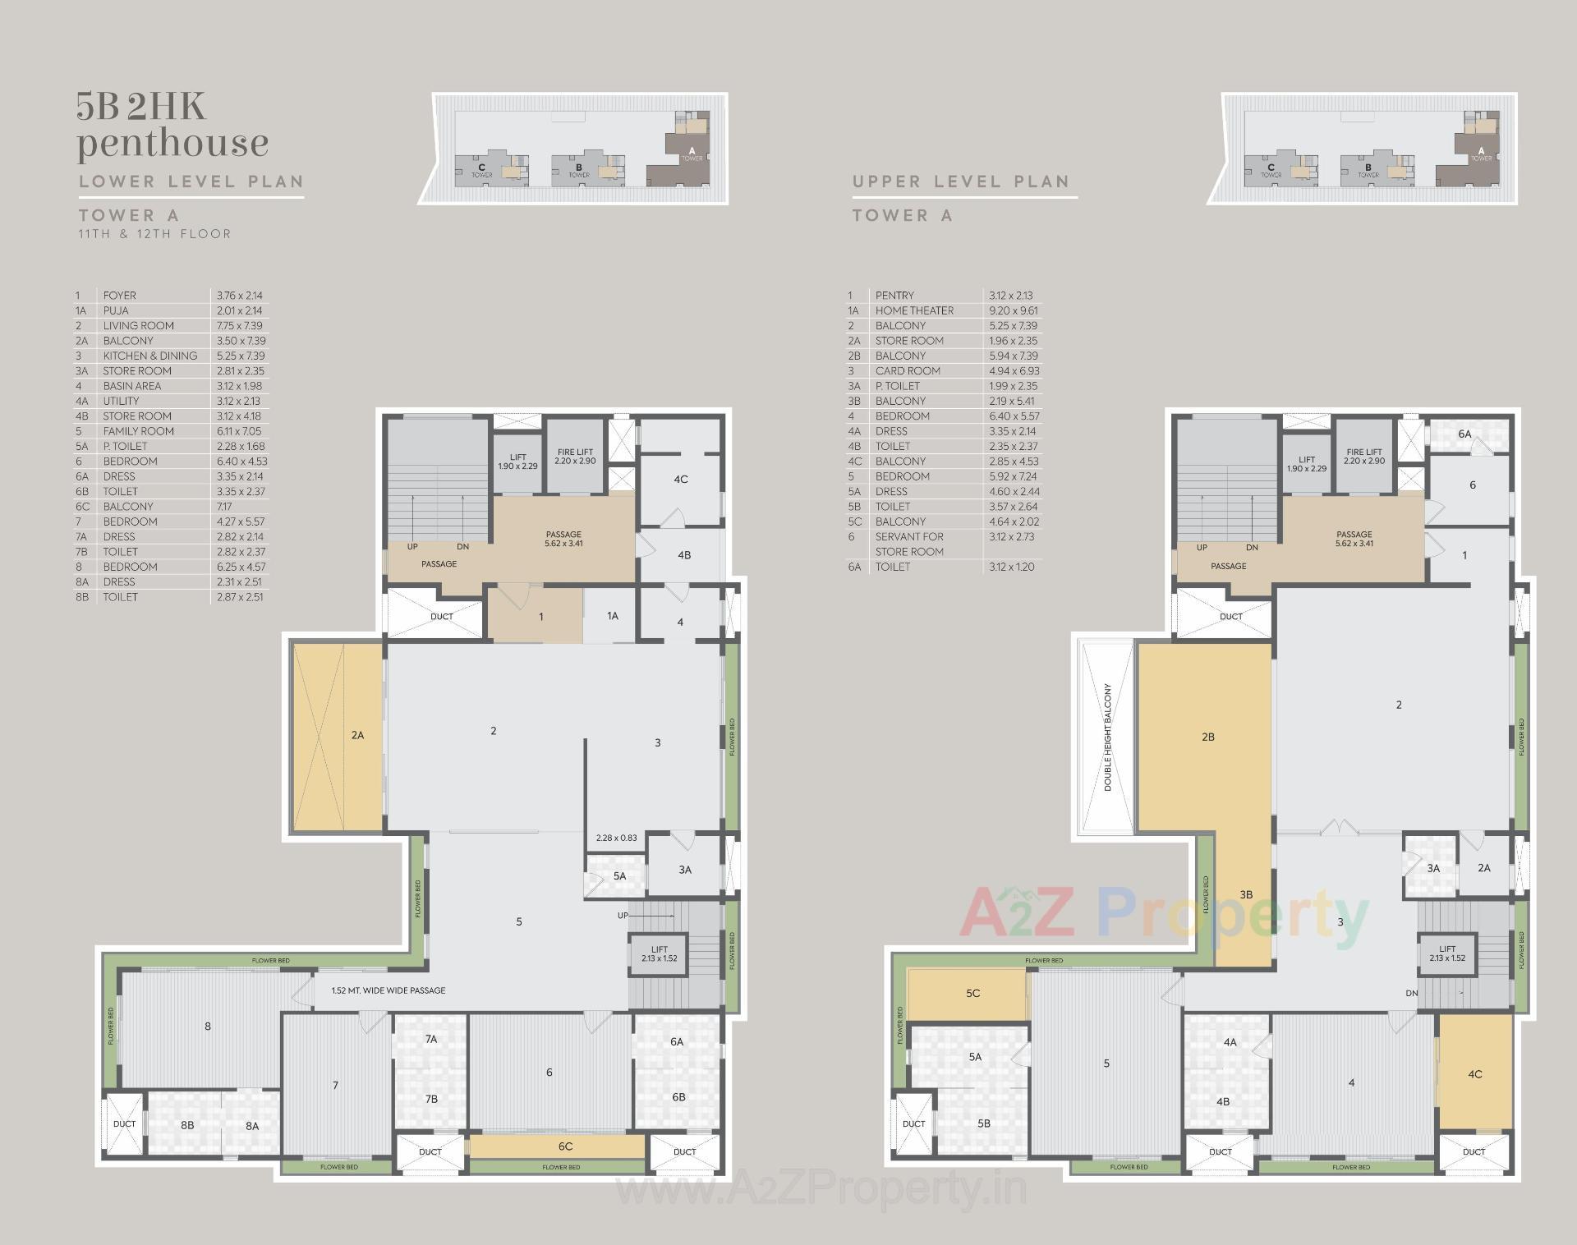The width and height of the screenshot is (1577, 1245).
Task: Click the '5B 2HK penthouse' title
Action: click(172, 126)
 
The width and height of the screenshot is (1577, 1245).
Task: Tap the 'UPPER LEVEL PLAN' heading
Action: click(961, 181)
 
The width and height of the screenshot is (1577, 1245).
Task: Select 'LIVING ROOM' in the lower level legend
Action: click(138, 326)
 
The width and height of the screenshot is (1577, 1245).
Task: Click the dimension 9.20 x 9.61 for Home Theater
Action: click(1014, 310)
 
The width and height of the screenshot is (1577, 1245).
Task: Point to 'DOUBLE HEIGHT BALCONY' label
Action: click(1107, 737)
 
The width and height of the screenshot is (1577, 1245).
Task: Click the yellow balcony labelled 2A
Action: click(338, 736)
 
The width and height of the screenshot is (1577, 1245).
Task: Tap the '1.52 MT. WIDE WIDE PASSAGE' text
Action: click(388, 990)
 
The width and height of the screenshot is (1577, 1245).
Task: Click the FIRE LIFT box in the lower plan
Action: click(575, 457)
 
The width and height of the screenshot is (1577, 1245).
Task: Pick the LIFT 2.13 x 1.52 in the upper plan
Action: click(1447, 953)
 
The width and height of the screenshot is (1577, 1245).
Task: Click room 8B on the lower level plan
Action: click(187, 1125)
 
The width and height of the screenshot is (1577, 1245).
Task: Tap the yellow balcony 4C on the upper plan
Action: click(1475, 1073)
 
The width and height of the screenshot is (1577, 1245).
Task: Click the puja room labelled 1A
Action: click(612, 616)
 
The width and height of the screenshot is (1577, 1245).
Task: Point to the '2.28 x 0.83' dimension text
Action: click(616, 838)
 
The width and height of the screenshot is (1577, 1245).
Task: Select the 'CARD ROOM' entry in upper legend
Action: click(908, 371)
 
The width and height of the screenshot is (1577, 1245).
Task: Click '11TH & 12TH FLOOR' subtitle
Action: click(154, 234)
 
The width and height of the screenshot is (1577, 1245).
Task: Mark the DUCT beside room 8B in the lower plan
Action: click(124, 1123)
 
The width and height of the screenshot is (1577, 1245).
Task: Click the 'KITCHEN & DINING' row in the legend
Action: click(149, 356)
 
